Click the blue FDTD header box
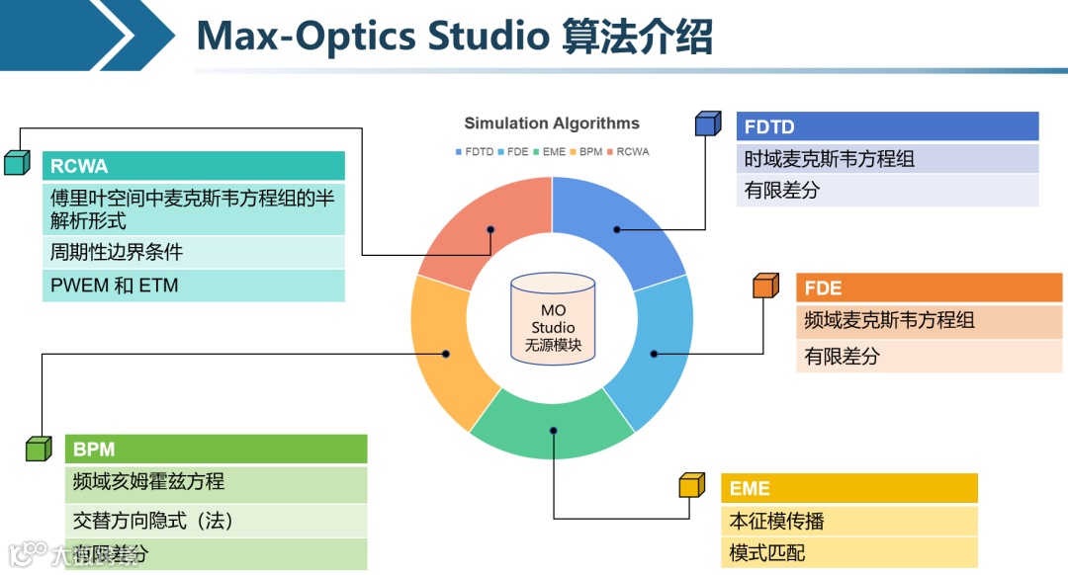point(887,126)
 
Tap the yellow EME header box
point(848,488)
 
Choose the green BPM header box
point(216,450)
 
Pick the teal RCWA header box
point(194,166)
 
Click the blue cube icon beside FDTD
point(707,123)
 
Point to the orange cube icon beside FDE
point(765,286)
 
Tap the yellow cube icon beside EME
point(691,485)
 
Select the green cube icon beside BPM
point(38,449)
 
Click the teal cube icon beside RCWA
point(16,162)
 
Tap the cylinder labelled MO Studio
point(553,317)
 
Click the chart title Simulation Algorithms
point(552,123)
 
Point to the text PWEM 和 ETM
point(115,287)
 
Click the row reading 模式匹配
point(767,553)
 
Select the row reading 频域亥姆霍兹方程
point(148,482)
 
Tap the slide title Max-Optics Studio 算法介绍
point(454,37)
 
